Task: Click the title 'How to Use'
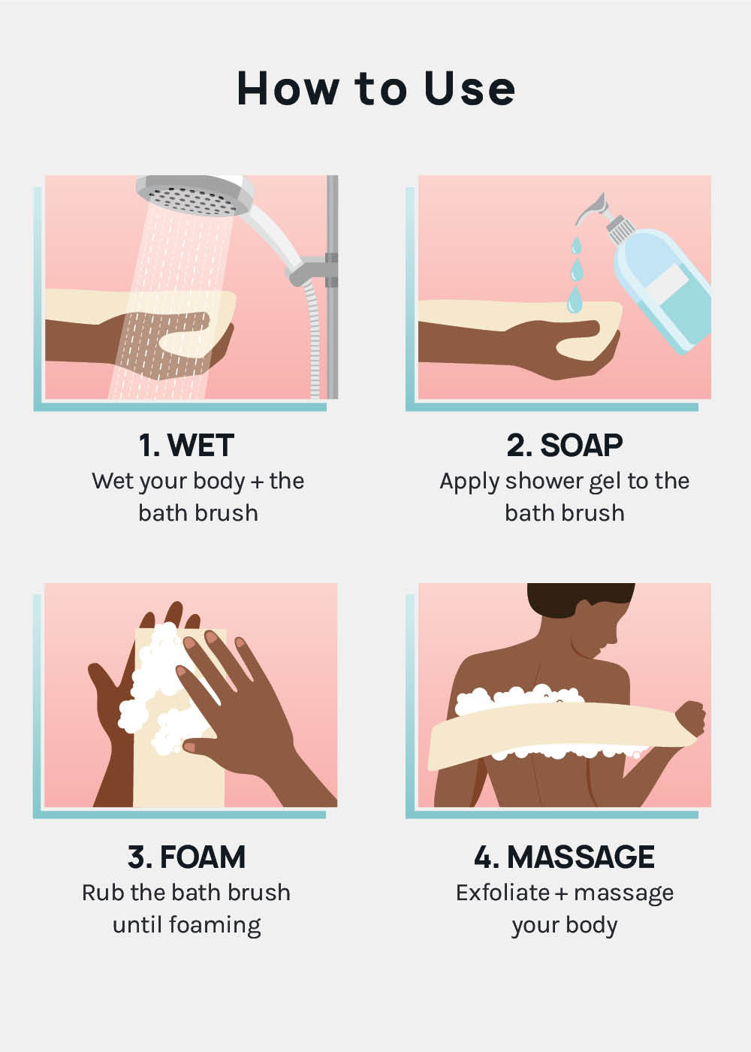[x=376, y=89]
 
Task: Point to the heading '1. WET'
[x=186, y=445]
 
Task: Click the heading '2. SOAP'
[x=564, y=445]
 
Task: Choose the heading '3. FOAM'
[x=186, y=857]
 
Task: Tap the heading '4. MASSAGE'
[x=564, y=857]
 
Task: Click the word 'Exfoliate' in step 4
[x=502, y=893]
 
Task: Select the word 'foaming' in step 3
[x=215, y=926]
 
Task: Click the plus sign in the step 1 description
[x=257, y=482]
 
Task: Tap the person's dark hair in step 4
[x=579, y=600]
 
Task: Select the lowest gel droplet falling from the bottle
[x=574, y=299]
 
